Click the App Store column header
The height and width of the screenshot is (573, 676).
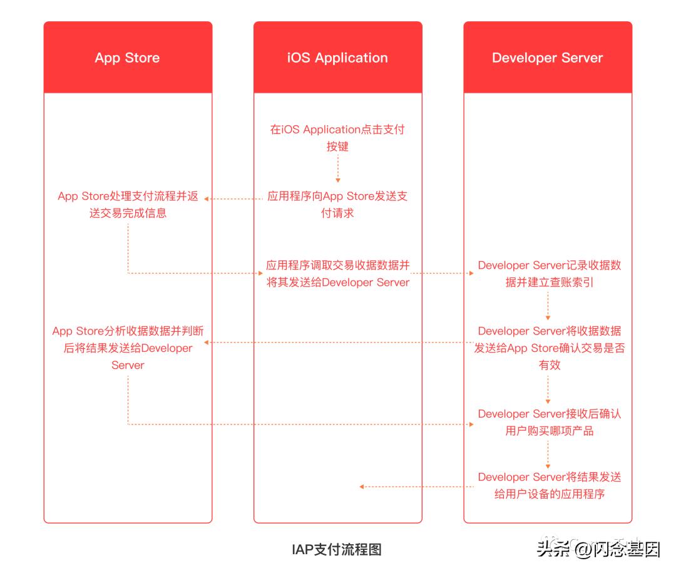point(128,58)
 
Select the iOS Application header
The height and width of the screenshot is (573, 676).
point(337,58)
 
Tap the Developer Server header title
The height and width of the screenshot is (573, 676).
point(547,58)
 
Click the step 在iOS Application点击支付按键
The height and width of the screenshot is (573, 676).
point(337,138)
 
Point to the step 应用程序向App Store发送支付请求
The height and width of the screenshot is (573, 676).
point(337,204)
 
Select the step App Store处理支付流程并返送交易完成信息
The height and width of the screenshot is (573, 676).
point(128,204)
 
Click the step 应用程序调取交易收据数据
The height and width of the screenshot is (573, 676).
point(337,274)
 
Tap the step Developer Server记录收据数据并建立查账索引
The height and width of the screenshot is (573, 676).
point(549,274)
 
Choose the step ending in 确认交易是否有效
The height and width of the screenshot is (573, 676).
point(549,348)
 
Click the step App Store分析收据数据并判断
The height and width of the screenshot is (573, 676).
point(128,348)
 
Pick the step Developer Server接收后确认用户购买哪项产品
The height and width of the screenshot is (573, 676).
point(549,422)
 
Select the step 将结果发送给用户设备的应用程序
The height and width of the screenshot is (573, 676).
point(549,485)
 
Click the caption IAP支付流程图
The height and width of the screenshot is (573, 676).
point(337,550)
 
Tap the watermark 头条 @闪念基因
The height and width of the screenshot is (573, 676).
point(598,550)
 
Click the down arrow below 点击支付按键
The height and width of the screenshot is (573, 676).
point(338,169)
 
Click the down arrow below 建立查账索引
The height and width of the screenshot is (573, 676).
point(548,307)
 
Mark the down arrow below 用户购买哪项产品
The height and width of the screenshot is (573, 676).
point(548,454)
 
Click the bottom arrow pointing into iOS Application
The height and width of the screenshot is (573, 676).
point(416,487)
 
